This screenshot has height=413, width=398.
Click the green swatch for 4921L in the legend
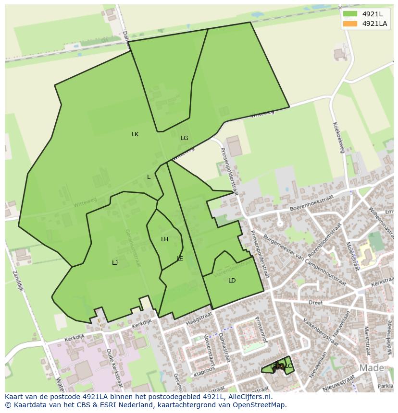click(350, 13)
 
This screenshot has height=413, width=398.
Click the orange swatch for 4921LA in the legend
click(350, 24)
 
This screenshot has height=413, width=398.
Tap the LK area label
click(135, 134)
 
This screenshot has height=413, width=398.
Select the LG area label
click(185, 138)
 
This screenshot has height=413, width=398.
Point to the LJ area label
click(115, 262)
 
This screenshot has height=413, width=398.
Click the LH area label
click(165, 239)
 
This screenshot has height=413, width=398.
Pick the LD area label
click(232, 281)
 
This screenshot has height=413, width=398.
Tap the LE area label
click(180, 259)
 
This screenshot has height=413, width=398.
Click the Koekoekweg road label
click(338, 137)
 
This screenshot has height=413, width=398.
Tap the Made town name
click(372, 368)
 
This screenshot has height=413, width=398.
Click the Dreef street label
click(315, 303)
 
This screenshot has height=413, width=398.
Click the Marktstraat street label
click(366, 341)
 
